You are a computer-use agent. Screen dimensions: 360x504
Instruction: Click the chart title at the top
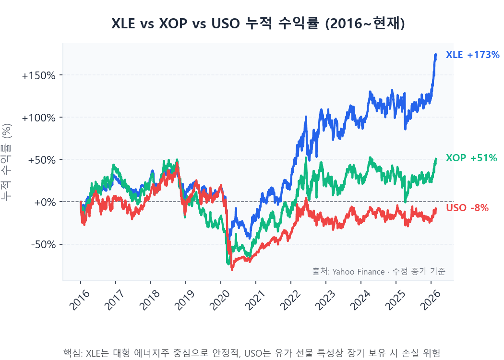tap(258, 24)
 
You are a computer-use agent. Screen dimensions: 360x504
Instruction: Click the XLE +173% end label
tap(473, 55)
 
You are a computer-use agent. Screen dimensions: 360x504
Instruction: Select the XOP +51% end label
tap(471, 158)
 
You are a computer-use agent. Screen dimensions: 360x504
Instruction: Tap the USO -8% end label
tap(467, 208)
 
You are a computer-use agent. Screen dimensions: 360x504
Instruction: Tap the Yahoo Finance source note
tap(378, 271)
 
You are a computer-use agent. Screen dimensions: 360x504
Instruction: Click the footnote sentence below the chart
tap(252, 353)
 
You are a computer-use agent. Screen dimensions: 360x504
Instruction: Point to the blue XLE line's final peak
tap(435, 55)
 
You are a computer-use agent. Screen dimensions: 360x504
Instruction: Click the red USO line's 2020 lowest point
tap(232, 270)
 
